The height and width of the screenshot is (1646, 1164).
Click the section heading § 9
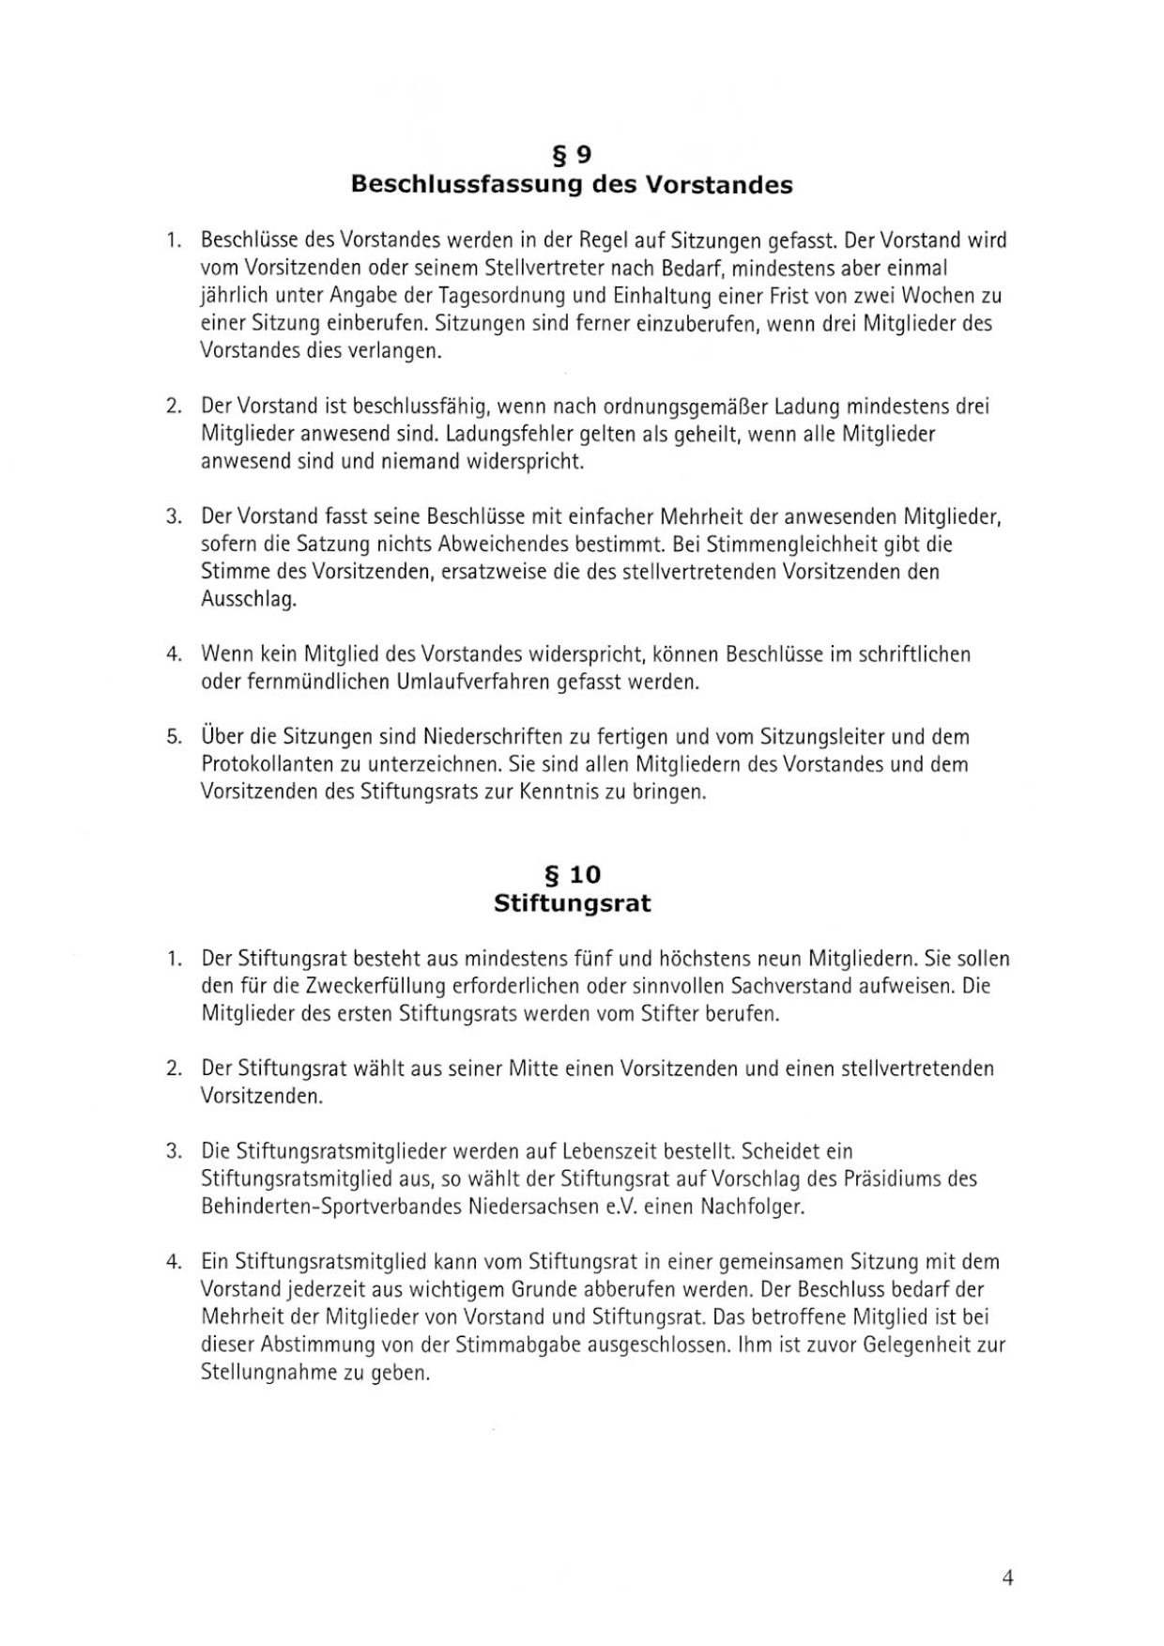[572, 154]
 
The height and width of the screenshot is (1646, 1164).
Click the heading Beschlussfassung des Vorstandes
[572, 184]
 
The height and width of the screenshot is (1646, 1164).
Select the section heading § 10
[572, 874]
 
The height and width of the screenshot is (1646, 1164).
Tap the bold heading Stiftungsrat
[572, 903]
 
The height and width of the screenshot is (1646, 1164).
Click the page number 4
[1007, 1577]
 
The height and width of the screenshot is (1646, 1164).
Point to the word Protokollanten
[267, 764]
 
